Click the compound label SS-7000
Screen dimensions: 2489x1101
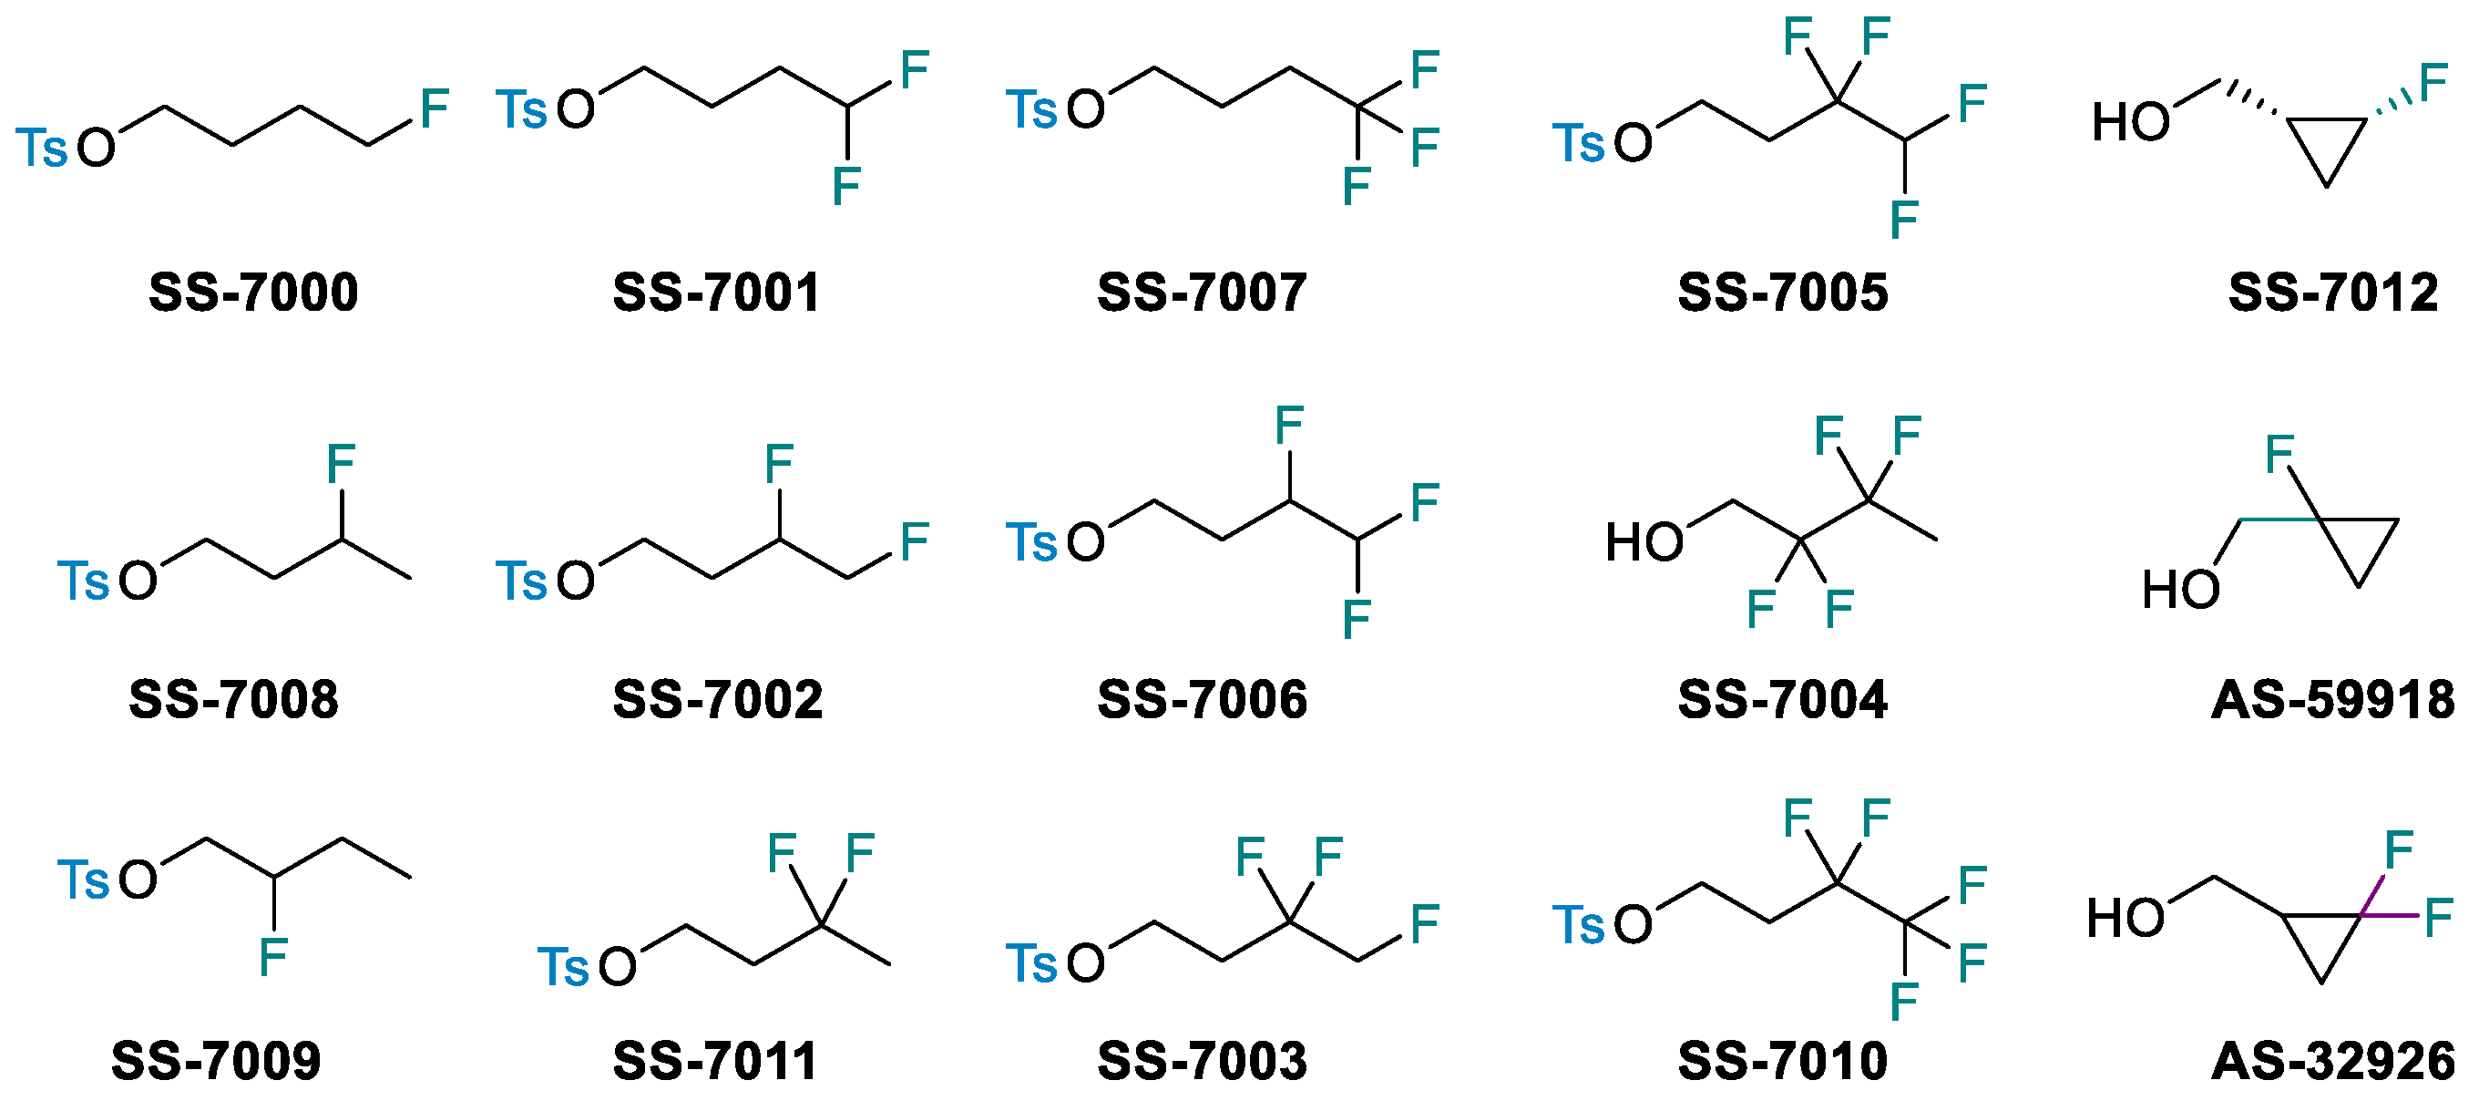[253, 292]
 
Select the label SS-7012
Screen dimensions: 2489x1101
[2332, 292]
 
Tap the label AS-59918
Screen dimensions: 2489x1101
[2332, 700]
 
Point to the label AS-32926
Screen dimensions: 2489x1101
[2332, 1062]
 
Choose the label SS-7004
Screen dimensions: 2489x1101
[1783, 700]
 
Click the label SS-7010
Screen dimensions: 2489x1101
[1783, 1062]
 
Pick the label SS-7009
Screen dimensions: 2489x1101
[217, 1062]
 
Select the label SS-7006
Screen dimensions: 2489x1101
[1202, 700]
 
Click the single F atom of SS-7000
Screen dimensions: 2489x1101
[434, 108]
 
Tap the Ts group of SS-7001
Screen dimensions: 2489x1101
[522, 109]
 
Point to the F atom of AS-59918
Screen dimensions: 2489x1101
[2279, 454]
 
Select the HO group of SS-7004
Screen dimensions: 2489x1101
[1644, 542]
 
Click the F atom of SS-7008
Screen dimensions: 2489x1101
[341, 464]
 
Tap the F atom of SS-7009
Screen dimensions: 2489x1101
[273, 957]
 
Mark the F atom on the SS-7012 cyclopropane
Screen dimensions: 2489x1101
[2433, 82]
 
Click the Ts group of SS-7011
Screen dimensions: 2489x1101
[563, 967]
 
